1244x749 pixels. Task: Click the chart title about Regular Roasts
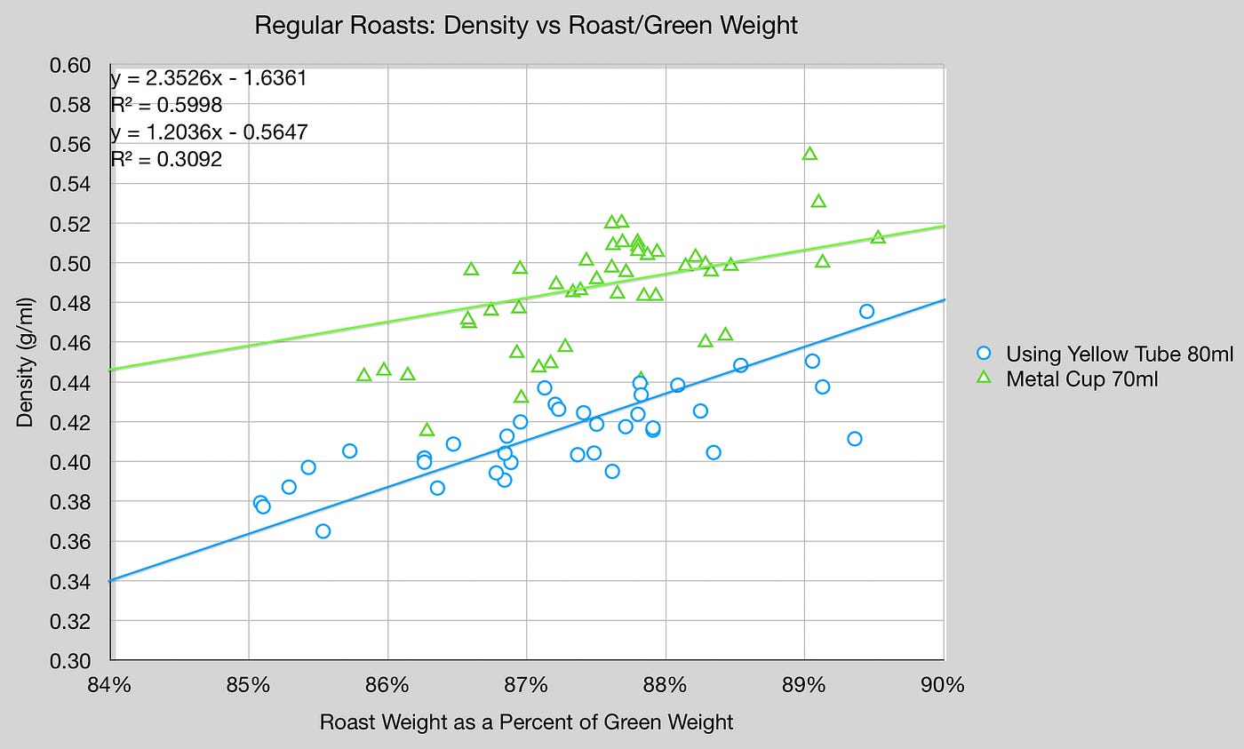[x=526, y=26]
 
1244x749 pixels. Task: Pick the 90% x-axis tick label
[x=943, y=686]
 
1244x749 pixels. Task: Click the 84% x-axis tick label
[x=110, y=686]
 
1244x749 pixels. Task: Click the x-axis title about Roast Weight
[x=526, y=722]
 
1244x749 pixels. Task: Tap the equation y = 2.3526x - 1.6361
[x=209, y=78]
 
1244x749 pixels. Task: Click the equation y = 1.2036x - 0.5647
[x=209, y=133]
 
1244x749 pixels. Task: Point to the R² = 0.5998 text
[x=166, y=106]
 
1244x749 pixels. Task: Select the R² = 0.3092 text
[x=166, y=161]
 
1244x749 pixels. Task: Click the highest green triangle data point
[x=809, y=154]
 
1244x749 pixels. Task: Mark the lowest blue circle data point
[x=323, y=531]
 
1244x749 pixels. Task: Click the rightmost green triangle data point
[x=878, y=237]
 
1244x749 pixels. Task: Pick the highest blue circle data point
[x=866, y=311]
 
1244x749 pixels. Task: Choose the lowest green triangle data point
[x=427, y=430]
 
